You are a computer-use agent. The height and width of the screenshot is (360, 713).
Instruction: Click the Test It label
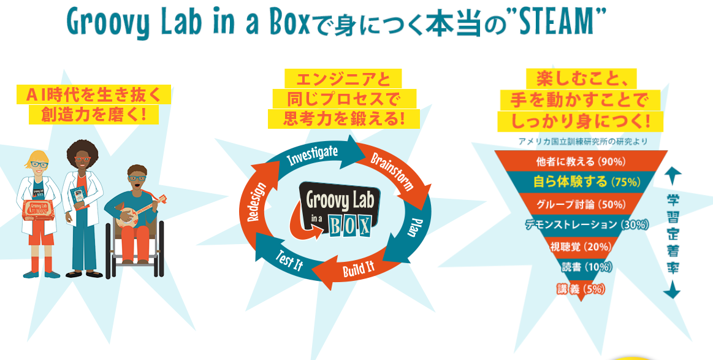pyautogui.click(x=289, y=260)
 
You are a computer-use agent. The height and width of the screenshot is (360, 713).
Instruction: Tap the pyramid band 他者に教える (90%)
pyautogui.click(x=581, y=161)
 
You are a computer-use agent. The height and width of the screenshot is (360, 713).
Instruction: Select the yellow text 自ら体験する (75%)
pyautogui.click(x=587, y=182)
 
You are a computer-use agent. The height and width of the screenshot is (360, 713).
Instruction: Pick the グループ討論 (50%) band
pyautogui.click(x=581, y=204)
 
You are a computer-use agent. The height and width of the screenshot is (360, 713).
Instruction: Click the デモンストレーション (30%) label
pyautogui.click(x=587, y=224)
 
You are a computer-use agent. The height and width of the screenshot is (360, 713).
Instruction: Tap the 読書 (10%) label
pyautogui.click(x=587, y=267)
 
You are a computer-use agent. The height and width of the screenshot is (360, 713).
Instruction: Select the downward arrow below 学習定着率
pyautogui.click(x=672, y=289)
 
